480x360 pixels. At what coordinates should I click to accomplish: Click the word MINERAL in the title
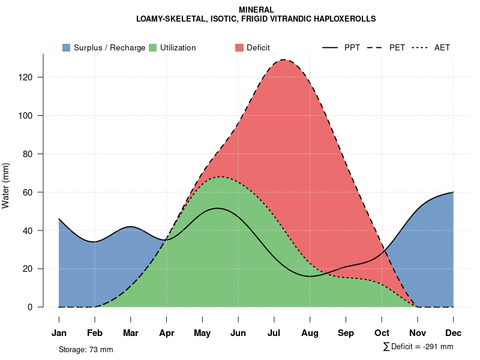(x=256, y=10)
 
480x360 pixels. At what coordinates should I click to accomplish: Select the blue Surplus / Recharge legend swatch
(x=67, y=47)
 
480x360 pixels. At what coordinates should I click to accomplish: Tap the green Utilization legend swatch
(x=153, y=47)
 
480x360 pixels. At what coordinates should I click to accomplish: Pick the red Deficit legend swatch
(x=239, y=47)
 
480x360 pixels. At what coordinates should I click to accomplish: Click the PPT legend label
(x=352, y=47)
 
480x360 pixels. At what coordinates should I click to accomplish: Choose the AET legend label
(x=442, y=47)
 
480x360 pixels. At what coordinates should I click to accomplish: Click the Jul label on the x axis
(x=274, y=333)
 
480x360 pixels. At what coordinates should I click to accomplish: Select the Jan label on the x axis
(x=59, y=333)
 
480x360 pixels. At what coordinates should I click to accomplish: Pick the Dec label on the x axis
(x=453, y=333)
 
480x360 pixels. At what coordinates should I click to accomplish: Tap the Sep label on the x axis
(x=346, y=333)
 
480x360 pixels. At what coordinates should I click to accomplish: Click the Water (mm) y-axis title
(x=6, y=185)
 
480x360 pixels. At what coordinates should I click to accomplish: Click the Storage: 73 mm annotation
(x=86, y=349)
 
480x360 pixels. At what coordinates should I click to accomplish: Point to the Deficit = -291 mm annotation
(x=422, y=347)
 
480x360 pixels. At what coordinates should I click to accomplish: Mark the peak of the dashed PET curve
(x=283, y=60)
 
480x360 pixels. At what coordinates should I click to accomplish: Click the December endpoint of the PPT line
(x=453, y=192)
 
